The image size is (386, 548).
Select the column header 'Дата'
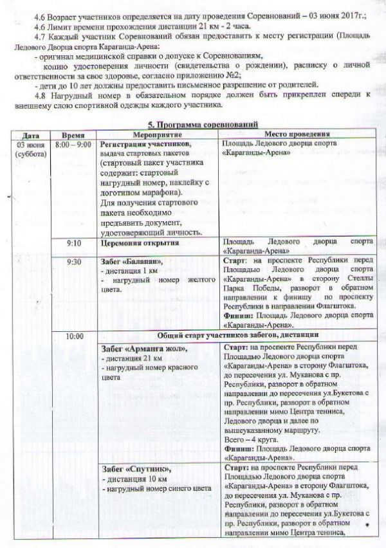30,136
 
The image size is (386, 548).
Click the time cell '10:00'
75,336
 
